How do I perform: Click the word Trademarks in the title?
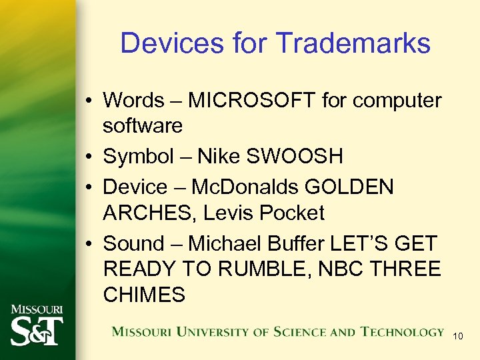tap(353, 43)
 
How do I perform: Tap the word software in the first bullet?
tap(143, 125)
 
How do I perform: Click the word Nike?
tap(217, 157)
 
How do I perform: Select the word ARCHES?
tap(151, 213)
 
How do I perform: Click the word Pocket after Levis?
tap(293, 213)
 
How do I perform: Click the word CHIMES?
tap(144, 295)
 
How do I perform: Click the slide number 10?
tap(457, 336)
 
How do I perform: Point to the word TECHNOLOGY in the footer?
tap(402, 332)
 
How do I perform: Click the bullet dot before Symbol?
tap(89, 157)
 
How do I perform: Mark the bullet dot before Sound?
tap(89, 244)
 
